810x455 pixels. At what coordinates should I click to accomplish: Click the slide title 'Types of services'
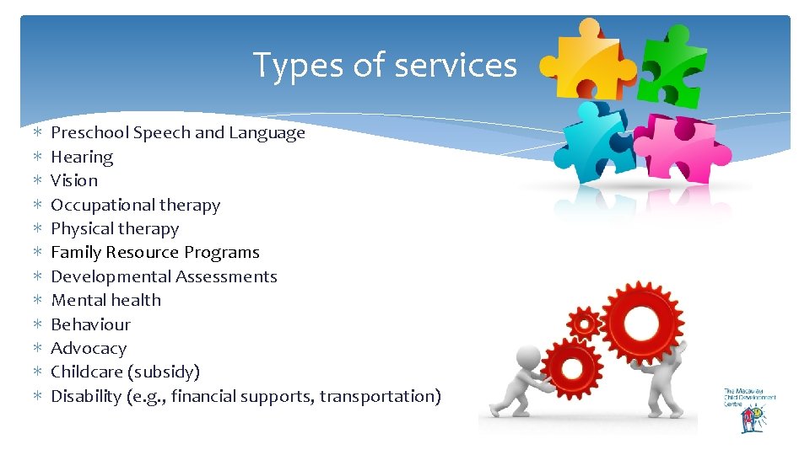[x=385, y=65]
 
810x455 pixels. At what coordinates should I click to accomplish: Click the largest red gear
[x=643, y=322]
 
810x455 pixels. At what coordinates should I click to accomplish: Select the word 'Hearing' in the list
[x=82, y=157]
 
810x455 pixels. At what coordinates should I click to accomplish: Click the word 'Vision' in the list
[x=74, y=180]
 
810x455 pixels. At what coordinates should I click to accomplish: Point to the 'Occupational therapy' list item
[x=135, y=205]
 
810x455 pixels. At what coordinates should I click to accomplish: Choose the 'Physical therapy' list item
[x=115, y=228]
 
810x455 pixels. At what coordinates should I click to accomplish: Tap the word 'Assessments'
[x=226, y=276]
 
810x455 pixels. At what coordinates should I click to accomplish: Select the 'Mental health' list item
[x=105, y=300]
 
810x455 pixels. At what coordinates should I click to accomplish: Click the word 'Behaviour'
[x=90, y=324]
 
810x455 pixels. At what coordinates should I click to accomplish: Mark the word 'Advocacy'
[x=89, y=348]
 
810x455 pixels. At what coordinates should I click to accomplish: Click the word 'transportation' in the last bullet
[x=378, y=396]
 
